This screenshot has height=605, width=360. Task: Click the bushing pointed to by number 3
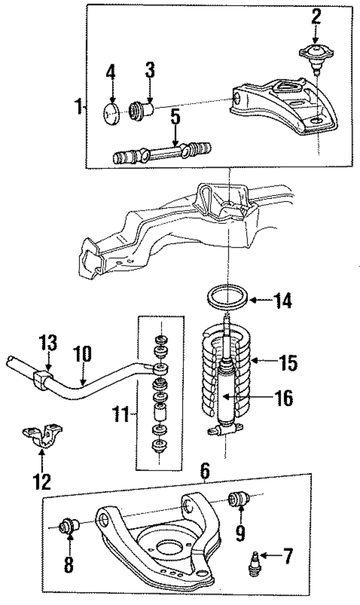[143, 108]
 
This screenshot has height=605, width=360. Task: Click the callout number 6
[205, 469]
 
